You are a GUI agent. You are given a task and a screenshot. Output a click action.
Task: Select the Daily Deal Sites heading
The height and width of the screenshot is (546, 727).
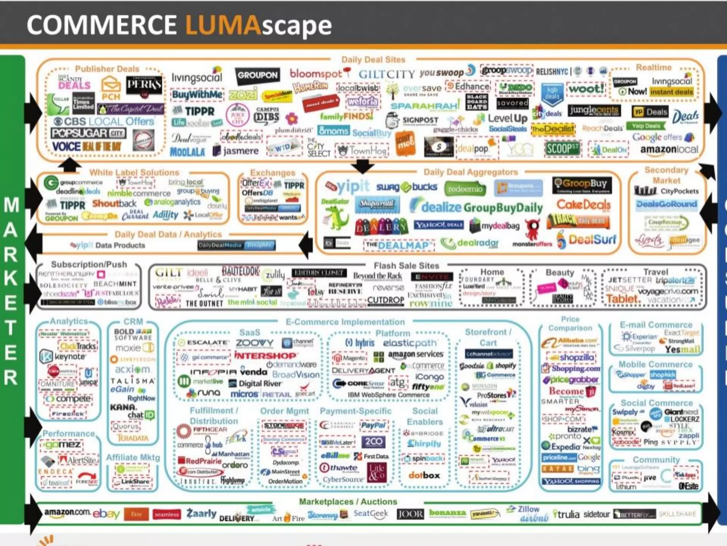[x=373, y=60]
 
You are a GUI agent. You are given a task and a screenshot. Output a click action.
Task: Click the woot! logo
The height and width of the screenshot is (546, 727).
[x=586, y=89]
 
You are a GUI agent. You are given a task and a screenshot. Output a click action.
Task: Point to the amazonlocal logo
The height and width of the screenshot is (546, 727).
[x=669, y=150]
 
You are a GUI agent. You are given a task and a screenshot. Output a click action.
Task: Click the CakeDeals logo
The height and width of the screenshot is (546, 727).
[x=583, y=205]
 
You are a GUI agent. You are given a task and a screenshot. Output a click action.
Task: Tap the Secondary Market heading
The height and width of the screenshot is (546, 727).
[x=666, y=175]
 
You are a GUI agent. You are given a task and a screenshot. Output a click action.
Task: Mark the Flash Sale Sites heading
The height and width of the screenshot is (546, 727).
[x=406, y=266]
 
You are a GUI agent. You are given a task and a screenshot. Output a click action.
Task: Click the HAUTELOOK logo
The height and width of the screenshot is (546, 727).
[x=241, y=272]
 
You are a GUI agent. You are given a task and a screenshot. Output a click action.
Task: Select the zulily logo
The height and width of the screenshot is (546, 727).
[x=275, y=274]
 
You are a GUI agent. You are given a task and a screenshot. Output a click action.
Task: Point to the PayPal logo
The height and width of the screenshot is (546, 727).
[x=373, y=425]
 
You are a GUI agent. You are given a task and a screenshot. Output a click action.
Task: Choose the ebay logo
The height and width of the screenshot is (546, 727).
[x=106, y=514]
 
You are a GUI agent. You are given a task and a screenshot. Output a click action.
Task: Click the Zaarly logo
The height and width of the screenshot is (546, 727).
[x=201, y=513]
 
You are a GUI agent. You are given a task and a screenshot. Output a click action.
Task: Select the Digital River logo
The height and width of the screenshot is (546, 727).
[x=256, y=384]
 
